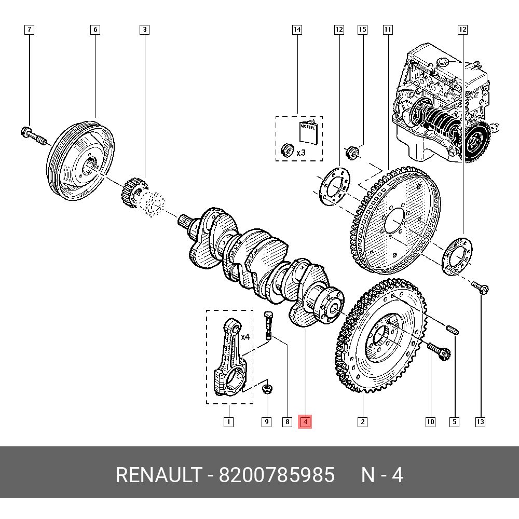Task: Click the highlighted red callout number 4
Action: [306, 422]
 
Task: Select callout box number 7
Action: [30, 30]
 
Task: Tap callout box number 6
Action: [95, 30]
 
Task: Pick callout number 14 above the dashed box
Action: [297, 30]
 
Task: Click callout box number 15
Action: [362, 30]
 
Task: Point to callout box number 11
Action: [388, 30]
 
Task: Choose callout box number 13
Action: [480, 422]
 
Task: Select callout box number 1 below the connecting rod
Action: [228, 422]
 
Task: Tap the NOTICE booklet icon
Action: [307, 133]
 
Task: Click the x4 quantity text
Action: [245, 337]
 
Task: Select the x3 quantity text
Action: [301, 153]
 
